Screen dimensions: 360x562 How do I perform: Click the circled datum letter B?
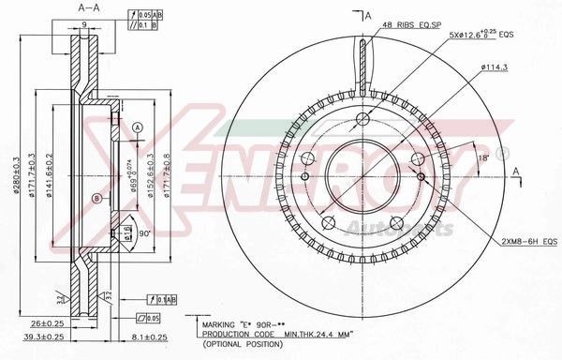point(96,196)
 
